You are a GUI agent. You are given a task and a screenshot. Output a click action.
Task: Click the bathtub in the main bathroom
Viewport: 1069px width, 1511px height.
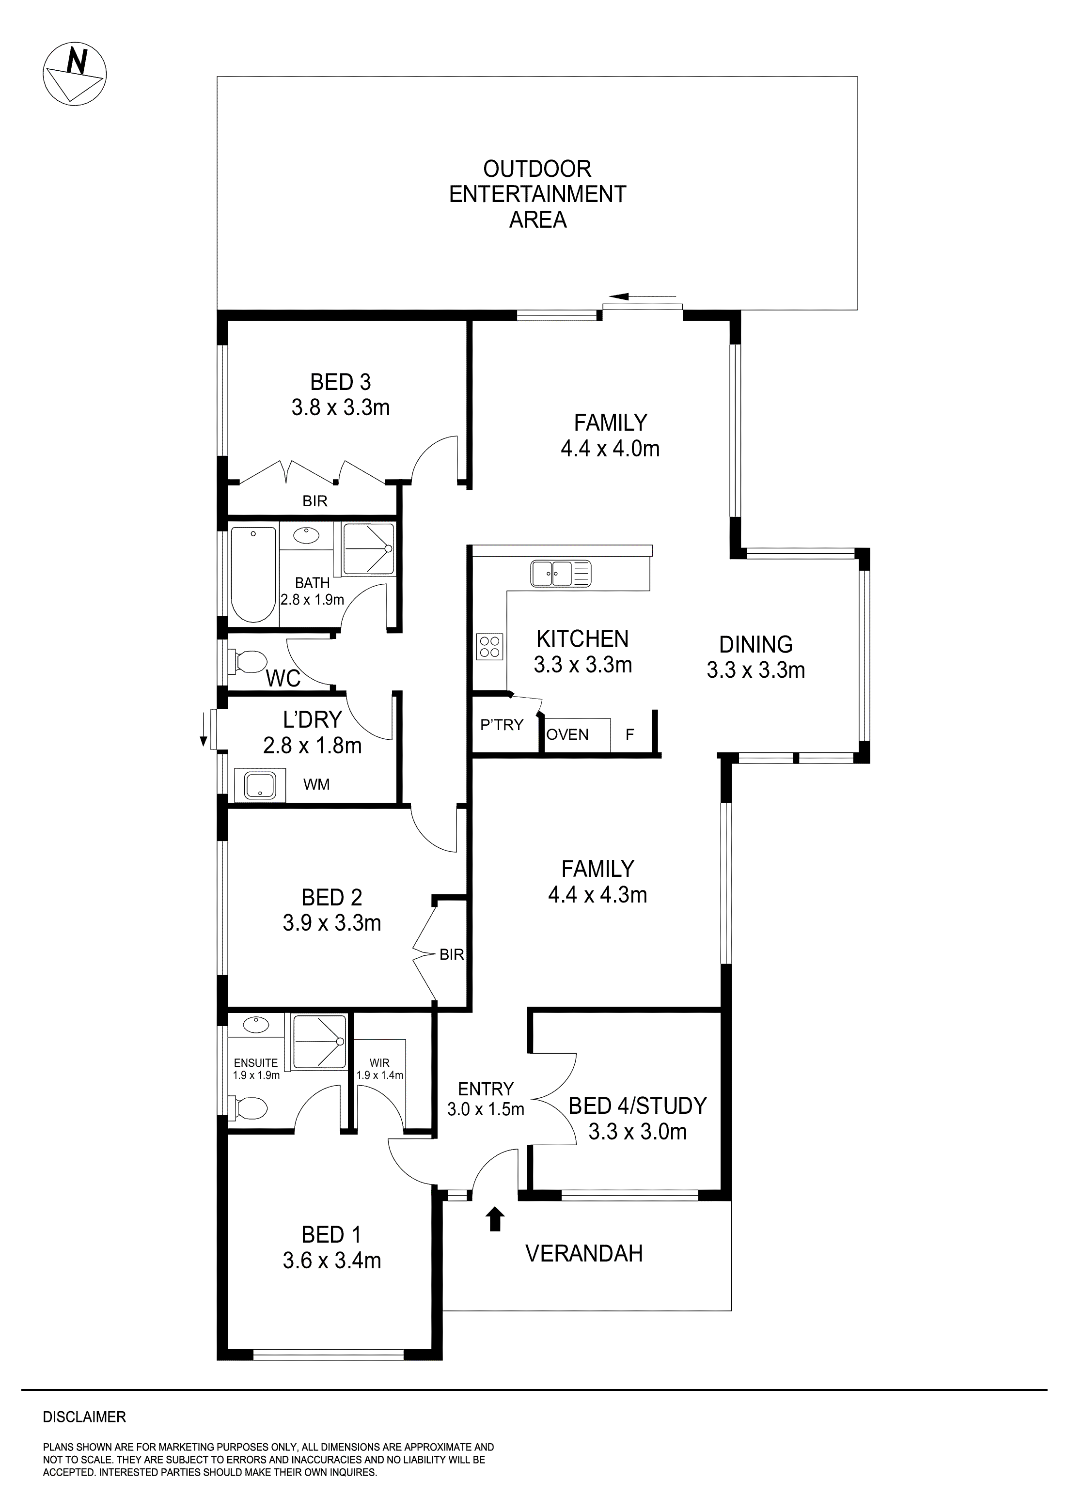253,573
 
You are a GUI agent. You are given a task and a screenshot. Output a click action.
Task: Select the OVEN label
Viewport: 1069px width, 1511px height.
567,734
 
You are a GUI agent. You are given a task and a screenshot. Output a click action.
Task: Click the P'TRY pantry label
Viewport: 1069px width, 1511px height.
502,725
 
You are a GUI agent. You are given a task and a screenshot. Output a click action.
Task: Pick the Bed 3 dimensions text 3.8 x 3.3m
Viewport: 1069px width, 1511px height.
340,407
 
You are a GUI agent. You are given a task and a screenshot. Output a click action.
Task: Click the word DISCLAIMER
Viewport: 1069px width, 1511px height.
84,1417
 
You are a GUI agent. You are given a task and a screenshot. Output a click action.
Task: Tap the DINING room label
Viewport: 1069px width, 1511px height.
755,644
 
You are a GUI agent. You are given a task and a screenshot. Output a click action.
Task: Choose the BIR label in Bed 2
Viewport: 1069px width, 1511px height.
452,954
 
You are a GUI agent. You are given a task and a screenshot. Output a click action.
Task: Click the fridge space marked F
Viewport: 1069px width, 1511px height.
629,734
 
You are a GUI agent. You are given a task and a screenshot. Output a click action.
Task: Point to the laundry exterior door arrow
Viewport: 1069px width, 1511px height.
204,740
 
